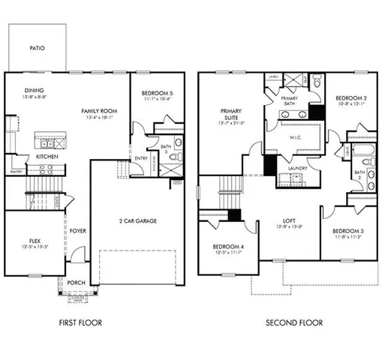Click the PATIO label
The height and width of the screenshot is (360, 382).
pos(38,48)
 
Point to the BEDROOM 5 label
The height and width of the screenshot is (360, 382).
pos(156,94)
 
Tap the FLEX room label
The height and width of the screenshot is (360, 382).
pos(34,241)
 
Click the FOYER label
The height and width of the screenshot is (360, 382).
pos(78,231)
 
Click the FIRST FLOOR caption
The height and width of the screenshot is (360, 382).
pos(80,322)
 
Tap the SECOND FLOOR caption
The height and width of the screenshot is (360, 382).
pos(294,322)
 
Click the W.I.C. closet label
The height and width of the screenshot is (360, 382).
pos(294,137)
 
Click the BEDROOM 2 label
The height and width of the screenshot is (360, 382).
pos(350,98)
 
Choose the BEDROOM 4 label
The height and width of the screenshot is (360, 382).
pos(227,247)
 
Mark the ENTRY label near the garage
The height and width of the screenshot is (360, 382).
pos(140,158)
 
